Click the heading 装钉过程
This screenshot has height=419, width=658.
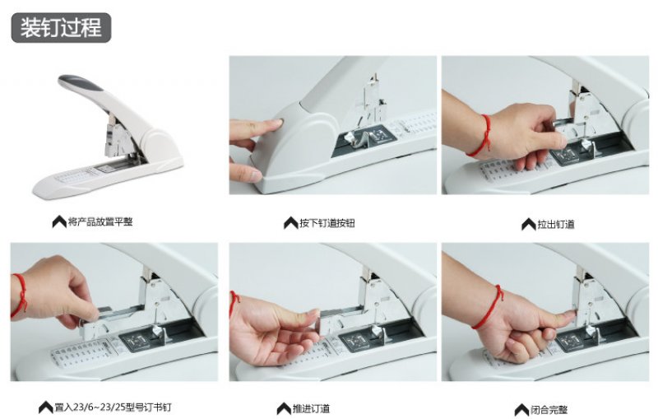(x=61, y=28)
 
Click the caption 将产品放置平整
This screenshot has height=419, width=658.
(x=100, y=221)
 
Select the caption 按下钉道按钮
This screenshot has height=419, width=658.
(x=327, y=223)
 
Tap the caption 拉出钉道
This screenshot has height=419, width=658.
(x=556, y=224)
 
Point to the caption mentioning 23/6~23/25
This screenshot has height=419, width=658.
(x=113, y=407)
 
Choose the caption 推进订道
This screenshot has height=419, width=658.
(x=312, y=408)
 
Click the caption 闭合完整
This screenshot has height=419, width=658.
(x=549, y=409)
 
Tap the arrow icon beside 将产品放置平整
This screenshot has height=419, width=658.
(x=59, y=221)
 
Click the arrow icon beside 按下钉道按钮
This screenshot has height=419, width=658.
(x=291, y=223)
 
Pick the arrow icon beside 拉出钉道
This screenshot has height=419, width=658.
(x=529, y=224)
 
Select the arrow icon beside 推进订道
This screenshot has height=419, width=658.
(x=284, y=408)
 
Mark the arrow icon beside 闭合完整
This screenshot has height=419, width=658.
(x=521, y=409)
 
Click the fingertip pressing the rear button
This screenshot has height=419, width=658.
(x=275, y=123)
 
